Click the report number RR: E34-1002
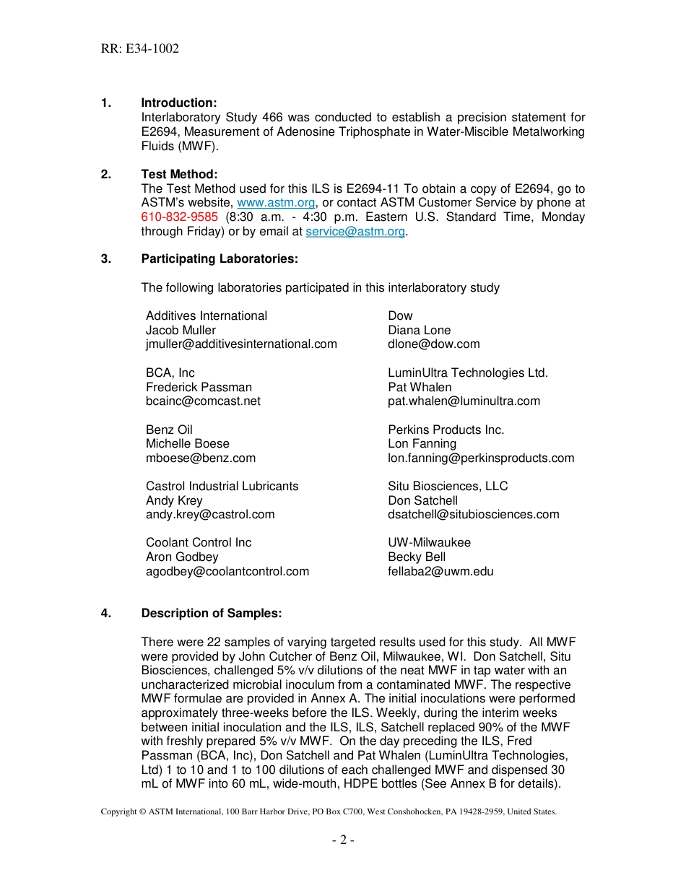(x=140, y=49)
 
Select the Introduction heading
(x=178, y=103)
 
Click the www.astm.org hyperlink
(x=276, y=204)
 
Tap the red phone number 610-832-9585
(x=179, y=217)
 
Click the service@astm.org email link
(x=355, y=232)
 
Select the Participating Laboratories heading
(x=219, y=259)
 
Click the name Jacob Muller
(x=181, y=330)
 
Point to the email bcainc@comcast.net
(x=203, y=401)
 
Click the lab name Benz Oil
(x=169, y=430)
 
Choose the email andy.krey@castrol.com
(x=210, y=515)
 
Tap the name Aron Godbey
(x=182, y=557)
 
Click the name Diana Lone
(x=419, y=330)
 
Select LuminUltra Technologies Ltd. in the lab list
(x=468, y=373)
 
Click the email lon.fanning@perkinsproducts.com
(x=481, y=458)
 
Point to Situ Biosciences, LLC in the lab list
(x=448, y=487)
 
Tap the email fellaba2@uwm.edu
(x=440, y=572)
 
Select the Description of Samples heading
(x=211, y=614)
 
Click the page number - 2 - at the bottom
(x=343, y=840)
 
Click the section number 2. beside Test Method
(x=106, y=175)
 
